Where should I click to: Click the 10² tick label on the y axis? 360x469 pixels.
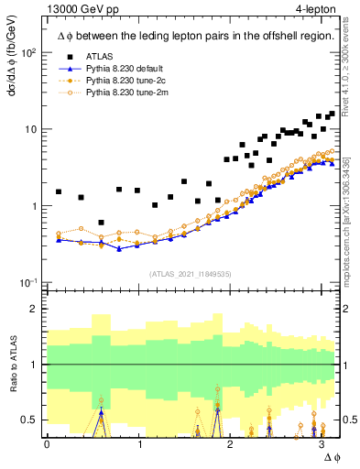coord(29,52)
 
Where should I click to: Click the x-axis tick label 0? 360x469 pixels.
coord(47,443)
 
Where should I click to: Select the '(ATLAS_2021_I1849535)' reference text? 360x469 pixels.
coord(191,273)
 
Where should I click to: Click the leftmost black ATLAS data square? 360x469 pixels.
coord(59,192)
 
